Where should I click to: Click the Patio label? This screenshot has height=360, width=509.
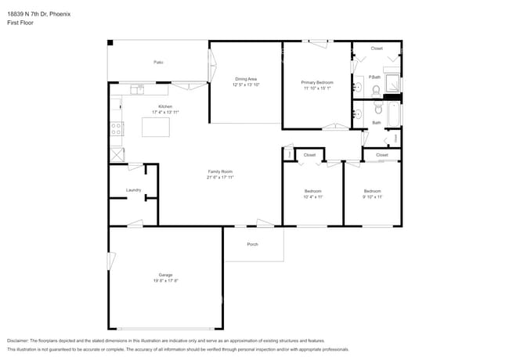pos(157,62)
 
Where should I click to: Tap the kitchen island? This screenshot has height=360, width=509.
pos(155,126)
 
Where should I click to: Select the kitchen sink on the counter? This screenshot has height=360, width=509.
pos(138,89)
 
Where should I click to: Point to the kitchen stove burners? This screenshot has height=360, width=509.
pos(117,128)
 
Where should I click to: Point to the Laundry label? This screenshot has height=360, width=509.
pos(133,190)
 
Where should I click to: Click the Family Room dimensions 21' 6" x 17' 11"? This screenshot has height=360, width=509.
pos(220,178)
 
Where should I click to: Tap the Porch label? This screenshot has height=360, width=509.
pos(252,244)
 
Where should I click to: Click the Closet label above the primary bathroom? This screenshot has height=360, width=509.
pos(377,49)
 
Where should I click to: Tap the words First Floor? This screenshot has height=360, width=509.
pos(20,23)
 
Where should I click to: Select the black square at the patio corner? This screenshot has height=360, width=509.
pos(110,42)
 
